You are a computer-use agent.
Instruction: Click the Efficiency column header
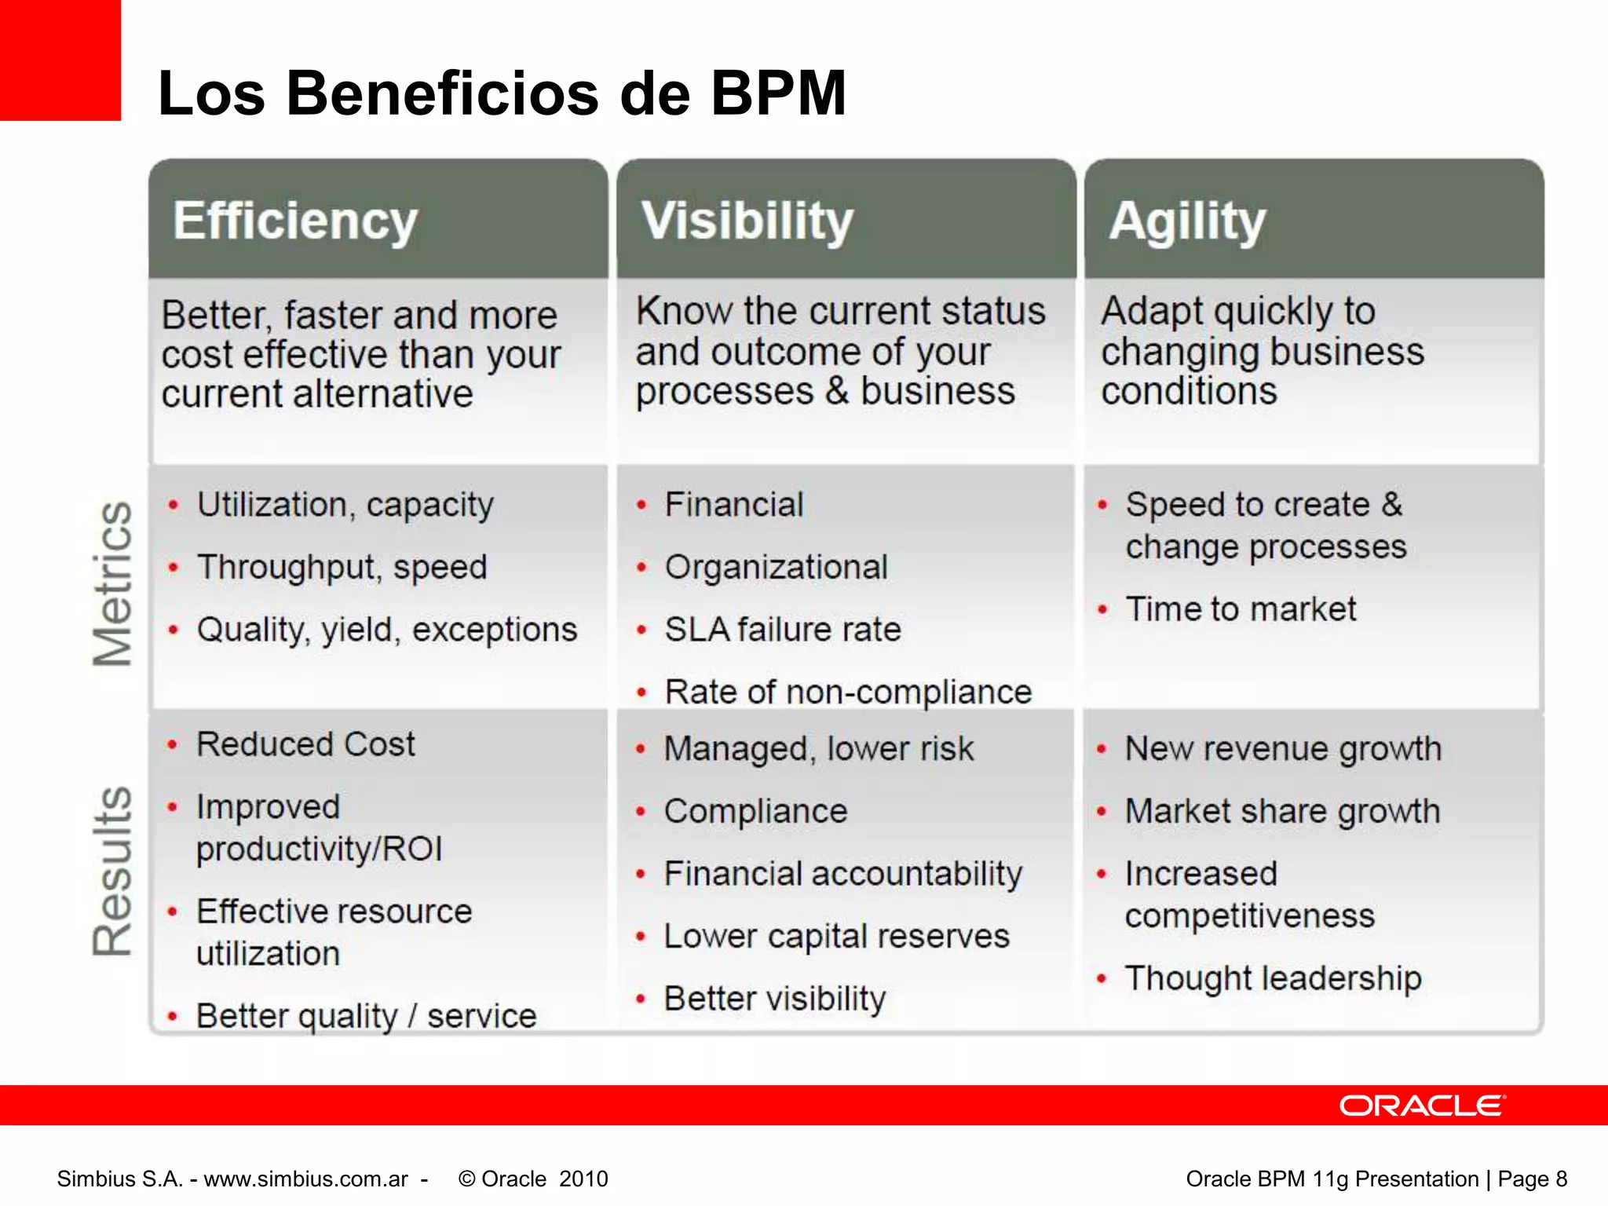coord(295,221)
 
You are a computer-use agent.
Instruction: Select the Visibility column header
coord(747,221)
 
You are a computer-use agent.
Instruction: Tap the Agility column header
coord(1187,221)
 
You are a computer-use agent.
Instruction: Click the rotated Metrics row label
coord(112,584)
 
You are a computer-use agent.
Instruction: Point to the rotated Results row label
coord(112,872)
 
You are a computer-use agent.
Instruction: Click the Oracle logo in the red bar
coord(1422,1105)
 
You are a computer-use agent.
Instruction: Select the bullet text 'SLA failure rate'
coord(783,630)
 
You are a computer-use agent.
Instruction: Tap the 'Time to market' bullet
coord(1241,609)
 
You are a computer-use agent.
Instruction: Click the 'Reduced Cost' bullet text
coord(305,744)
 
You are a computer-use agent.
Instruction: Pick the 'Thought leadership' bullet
coord(1273,978)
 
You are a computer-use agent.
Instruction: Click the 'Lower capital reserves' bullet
coord(836,936)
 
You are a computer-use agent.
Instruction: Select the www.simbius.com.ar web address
coord(306,1179)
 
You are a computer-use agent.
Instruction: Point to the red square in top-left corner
coord(60,60)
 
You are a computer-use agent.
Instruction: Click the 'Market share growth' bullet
coord(1282,811)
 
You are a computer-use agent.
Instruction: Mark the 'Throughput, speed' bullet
coord(342,567)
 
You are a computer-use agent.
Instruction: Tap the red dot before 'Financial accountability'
coord(641,874)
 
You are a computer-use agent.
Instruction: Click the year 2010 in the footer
coord(583,1179)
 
